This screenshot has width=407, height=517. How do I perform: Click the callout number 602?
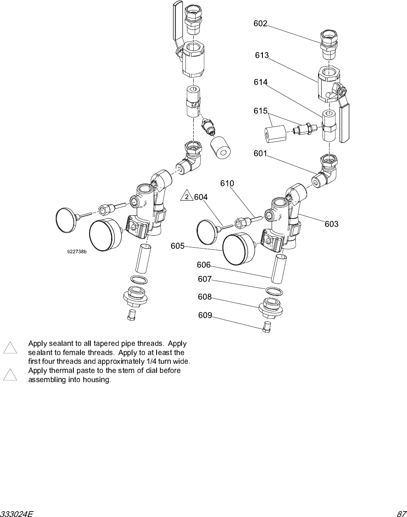coord(260,24)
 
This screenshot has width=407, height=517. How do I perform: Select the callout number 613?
coord(262,55)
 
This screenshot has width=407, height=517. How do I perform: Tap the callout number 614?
coord(261,82)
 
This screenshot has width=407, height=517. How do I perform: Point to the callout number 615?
coord(260,111)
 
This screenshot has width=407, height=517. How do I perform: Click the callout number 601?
coord(260,154)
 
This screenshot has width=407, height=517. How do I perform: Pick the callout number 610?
coord(227,184)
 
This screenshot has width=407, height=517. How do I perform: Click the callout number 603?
coord(332,224)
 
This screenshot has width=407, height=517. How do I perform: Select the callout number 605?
coord(177,246)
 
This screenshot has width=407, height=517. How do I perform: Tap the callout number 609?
coord(205,316)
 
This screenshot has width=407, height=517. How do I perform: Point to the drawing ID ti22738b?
coord(77,251)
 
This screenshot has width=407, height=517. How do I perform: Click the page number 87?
coord(401,513)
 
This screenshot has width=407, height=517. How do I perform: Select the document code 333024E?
coord(17,513)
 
